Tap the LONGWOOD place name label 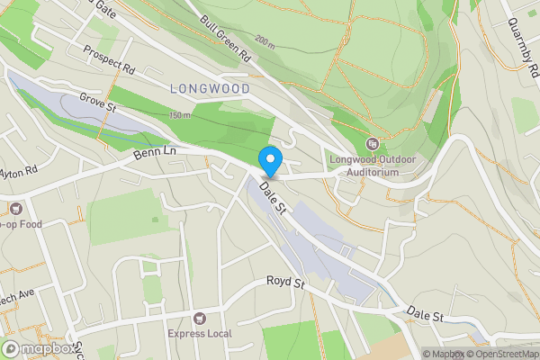pyautogui.click(x=208, y=87)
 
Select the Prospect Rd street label pyautogui.click(x=109, y=57)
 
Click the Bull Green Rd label pyautogui.click(x=226, y=39)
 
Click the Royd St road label pyautogui.click(x=286, y=283)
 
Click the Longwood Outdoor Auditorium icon pyautogui.click(x=372, y=144)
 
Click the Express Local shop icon pyautogui.click(x=199, y=319)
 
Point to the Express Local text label pyautogui.click(x=199, y=334)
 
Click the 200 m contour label pyautogui.click(x=264, y=41)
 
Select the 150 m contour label pyautogui.click(x=180, y=115)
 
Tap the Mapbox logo pyautogui.click(x=39, y=349)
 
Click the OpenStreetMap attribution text pyautogui.click(x=499, y=354)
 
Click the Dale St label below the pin pyautogui.click(x=272, y=197)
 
